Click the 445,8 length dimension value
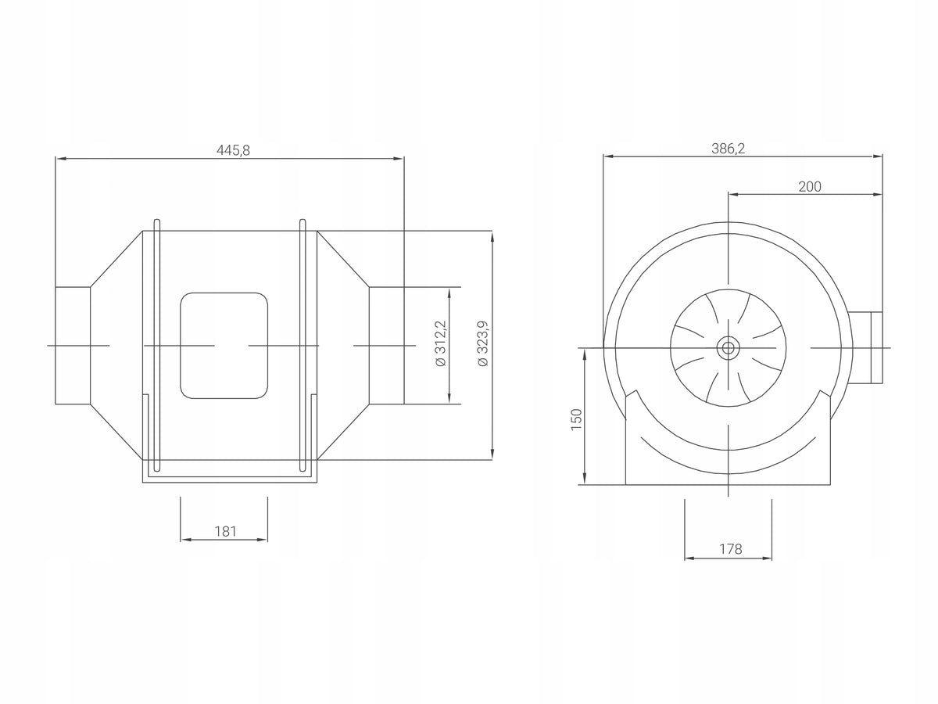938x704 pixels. (233, 150)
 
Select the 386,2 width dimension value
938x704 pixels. (729, 149)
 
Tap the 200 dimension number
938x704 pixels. (810, 186)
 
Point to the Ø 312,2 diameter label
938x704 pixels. (440, 343)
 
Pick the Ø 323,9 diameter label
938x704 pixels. (482, 343)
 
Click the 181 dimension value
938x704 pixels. (225, 531)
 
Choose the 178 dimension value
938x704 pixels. (730, 549)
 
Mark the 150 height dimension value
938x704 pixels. (576, 419)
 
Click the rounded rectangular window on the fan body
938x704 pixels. (224, 346)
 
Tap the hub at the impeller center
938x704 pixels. (728, 348)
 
